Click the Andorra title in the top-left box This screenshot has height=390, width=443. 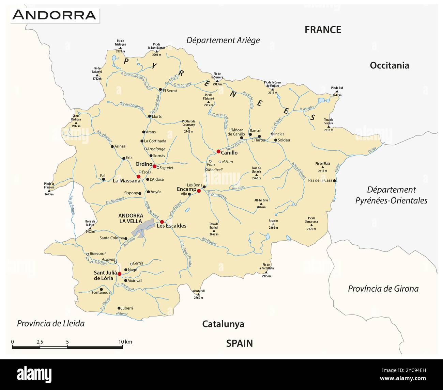[55, 15]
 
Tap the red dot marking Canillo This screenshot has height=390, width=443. [218, 151]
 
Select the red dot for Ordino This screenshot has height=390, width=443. [154, 166]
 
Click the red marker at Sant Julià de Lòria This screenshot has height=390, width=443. [119, 274]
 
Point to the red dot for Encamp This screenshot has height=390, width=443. [199, 191]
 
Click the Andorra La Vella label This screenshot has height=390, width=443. [131, 218]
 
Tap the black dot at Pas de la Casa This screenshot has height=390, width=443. [335, 181]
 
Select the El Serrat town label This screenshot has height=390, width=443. [170, 91]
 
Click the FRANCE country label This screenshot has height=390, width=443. [323, 30]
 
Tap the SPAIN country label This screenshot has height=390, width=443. [240, 343]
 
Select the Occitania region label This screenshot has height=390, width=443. [389, 65]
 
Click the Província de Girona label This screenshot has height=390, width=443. [383, 289]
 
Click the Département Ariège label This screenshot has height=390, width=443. [223, 40]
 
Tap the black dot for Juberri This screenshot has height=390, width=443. [119, 308]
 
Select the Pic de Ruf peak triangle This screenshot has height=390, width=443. [337, 92]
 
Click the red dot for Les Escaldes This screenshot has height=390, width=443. [162, 222]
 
